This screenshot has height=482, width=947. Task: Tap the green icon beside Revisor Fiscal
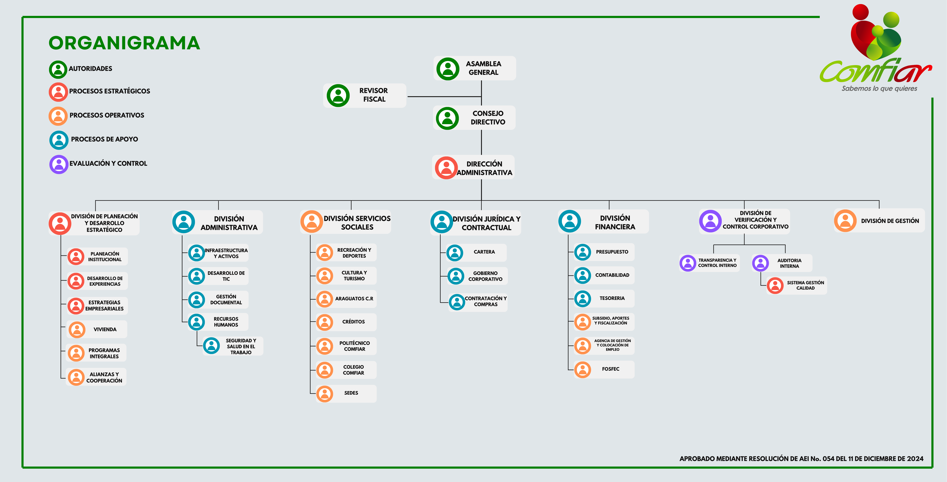(338, 96)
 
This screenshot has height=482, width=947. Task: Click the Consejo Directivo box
(474, 118)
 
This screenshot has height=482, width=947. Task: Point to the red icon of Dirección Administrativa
(446, 168)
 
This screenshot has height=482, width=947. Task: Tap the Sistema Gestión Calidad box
(797, 285)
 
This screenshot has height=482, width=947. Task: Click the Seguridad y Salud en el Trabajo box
(233, 346)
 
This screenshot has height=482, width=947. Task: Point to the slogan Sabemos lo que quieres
(879, 89)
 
